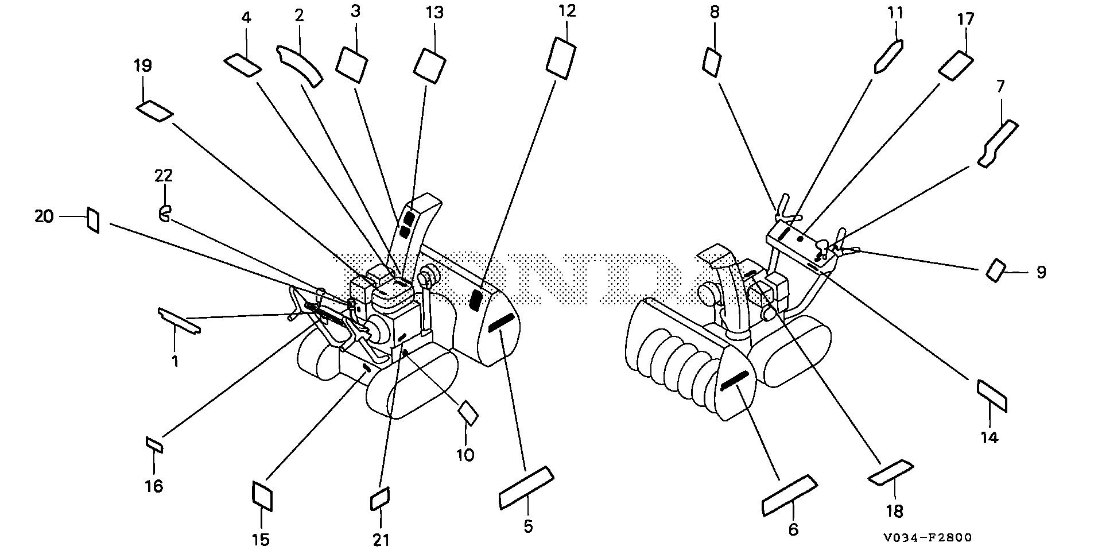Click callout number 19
coord(143,66)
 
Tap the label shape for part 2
coord(299,65)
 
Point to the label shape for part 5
coord(526,487)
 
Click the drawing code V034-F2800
coord(928,538)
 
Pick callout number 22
coord(164,175)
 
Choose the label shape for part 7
coord(998,144)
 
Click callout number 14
coord(990,437)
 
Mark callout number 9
coord(1041,272)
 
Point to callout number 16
coord(154,486)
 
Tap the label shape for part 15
coord(262,495)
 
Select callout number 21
coord(381,539)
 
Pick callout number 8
coord(715,12)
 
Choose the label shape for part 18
coord(891,472)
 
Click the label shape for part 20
coord(93,220)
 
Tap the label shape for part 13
coord(429,64)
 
